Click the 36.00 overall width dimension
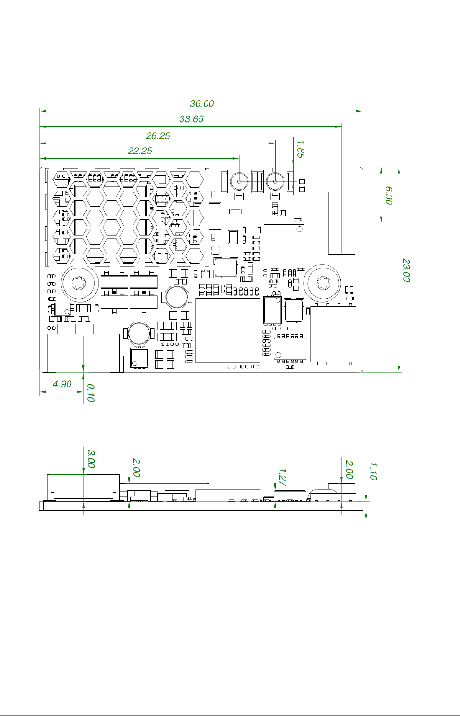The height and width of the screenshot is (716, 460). pyautogui.click(x=202, y=103)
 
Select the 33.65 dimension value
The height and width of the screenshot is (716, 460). pyautogui.click(x=191, y=119)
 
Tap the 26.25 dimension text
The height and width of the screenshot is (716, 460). pyautogui.click(x=158, y=135)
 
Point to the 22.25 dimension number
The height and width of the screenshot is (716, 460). pyautogui.click(x=140, y=151)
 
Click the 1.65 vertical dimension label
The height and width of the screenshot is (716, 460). pyautogui.click(x=300, y=149)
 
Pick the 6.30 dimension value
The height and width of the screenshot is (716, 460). pyautogui.click(x=389, y=195)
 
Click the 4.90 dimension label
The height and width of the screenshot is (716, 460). pyautogui.click(x=62, y=384)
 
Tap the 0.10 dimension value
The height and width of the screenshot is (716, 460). pyautogui.click(x=91, y=393)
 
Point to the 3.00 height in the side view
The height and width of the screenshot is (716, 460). pyautogui.click(x=91, y=459)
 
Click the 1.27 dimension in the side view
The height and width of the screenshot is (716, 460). pyautogui.click(x=282, y=477)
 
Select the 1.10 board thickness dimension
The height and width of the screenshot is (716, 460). pyautogui.click(x=373, y=471)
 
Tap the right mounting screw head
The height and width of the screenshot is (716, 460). pyautogui.click(x=322, y=283)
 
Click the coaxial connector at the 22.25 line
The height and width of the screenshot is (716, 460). pyautogui.click(x=239, y=182)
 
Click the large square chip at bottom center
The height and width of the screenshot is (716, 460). pyautogui.click(x=228, y=330)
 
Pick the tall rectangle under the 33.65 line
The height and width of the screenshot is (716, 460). pyautogui.click(x=341, y=223)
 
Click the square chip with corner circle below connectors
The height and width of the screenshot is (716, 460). pyautogui.click(x=284, y=244)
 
